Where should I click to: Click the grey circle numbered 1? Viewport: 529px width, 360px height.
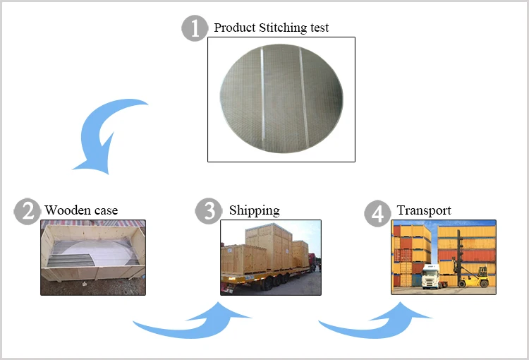[195, 29]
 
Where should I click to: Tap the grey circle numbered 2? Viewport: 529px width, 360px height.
[27, 211]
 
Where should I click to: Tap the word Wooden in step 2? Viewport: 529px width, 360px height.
[68, 210]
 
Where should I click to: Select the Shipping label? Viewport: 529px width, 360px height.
[254, 210]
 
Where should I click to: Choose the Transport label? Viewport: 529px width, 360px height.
[424, 210]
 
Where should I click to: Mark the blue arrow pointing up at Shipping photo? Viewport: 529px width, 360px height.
[194, 321]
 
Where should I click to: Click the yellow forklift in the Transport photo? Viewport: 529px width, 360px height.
[474, 275]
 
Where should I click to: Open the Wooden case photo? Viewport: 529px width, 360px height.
[92, 257]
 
